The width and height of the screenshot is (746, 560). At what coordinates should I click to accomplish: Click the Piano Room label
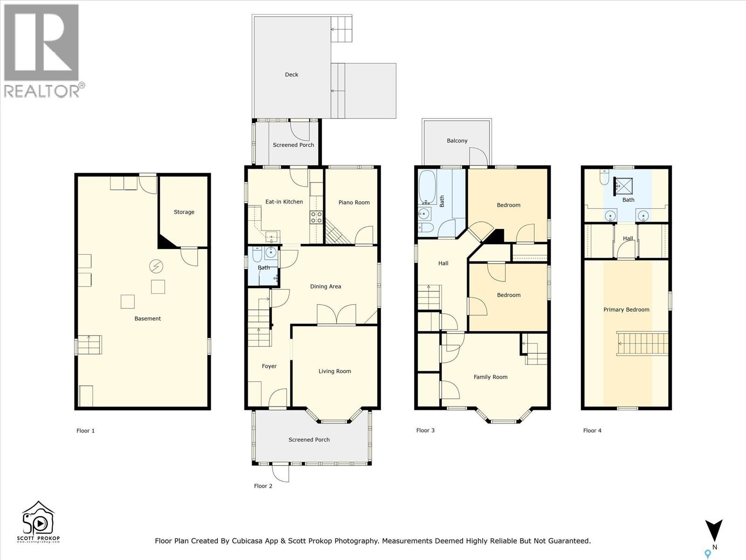coord(354,203)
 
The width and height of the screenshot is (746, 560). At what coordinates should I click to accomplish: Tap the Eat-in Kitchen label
coord(284,202)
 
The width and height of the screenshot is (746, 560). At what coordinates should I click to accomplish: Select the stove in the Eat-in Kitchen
coord(316,217)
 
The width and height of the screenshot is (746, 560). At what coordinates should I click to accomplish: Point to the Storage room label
coord(184,212)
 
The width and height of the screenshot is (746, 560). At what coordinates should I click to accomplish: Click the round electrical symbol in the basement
coord(156,266)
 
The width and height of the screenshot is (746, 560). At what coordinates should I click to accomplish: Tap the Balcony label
coord(457,141)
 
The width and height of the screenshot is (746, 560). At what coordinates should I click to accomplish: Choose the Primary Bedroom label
coord(626,310)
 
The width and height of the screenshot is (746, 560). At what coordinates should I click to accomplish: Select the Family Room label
coord(490,377)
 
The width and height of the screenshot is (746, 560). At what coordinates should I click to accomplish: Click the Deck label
coord(291,75)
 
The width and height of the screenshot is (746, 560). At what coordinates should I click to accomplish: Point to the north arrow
coord(714,530)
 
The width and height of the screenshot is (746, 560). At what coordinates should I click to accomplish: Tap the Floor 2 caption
coord(263,486)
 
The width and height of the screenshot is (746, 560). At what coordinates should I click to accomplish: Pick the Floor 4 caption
coord(593,431)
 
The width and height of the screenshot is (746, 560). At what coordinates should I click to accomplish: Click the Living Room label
coord(335,371)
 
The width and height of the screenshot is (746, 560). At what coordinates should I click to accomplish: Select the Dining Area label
coord(325,287)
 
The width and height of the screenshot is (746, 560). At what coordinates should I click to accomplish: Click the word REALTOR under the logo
coord(41,91)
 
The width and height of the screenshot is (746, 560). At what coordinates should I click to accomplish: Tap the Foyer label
coord(269,366)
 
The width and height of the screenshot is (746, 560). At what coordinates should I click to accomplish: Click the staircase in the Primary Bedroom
coord(642,343)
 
